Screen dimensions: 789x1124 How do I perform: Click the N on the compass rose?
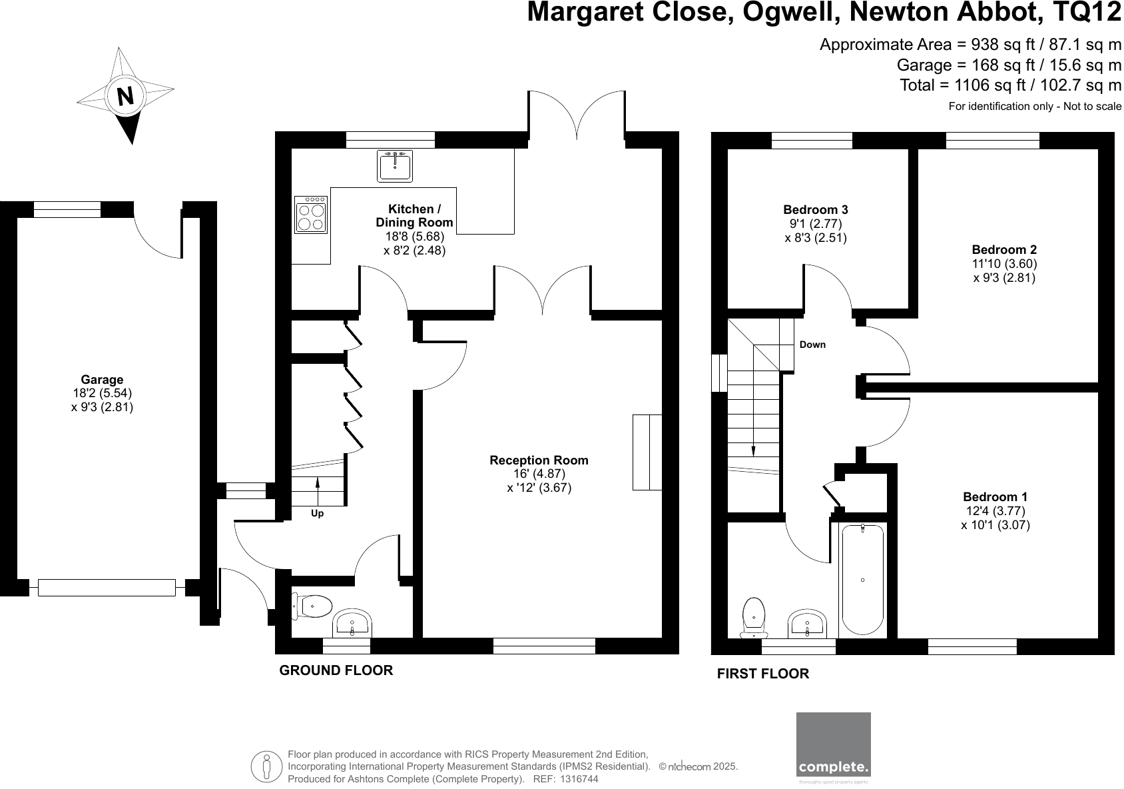click(x=125, y=96)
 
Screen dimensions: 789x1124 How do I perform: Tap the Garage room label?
click(x=102, y=380)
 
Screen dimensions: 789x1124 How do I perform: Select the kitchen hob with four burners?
click(x=311, y=214)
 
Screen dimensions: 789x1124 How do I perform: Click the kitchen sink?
click(x=396, y=165)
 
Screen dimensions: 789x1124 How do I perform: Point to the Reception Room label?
click(x=539, y=460)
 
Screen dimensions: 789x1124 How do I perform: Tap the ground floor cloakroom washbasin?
click(x=352, y=624)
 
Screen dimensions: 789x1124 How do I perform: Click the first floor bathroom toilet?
click(x=754, y=616)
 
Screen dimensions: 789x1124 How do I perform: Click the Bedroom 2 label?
click(x=1003, y=250)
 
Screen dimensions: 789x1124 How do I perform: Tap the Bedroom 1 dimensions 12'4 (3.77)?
click(x=995, y=511)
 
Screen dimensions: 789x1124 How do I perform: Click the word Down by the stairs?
click(x=812, y=345)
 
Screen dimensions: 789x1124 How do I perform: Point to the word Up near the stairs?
click(x=318, y=514)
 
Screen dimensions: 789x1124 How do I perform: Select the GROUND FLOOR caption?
click(x=336, y=670)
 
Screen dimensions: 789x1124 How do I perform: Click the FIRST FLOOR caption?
click(x=762, y=674)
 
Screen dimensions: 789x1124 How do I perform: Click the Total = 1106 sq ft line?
click(x=1010, y=85)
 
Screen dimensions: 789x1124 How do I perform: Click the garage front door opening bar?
click(x=107, y=588)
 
